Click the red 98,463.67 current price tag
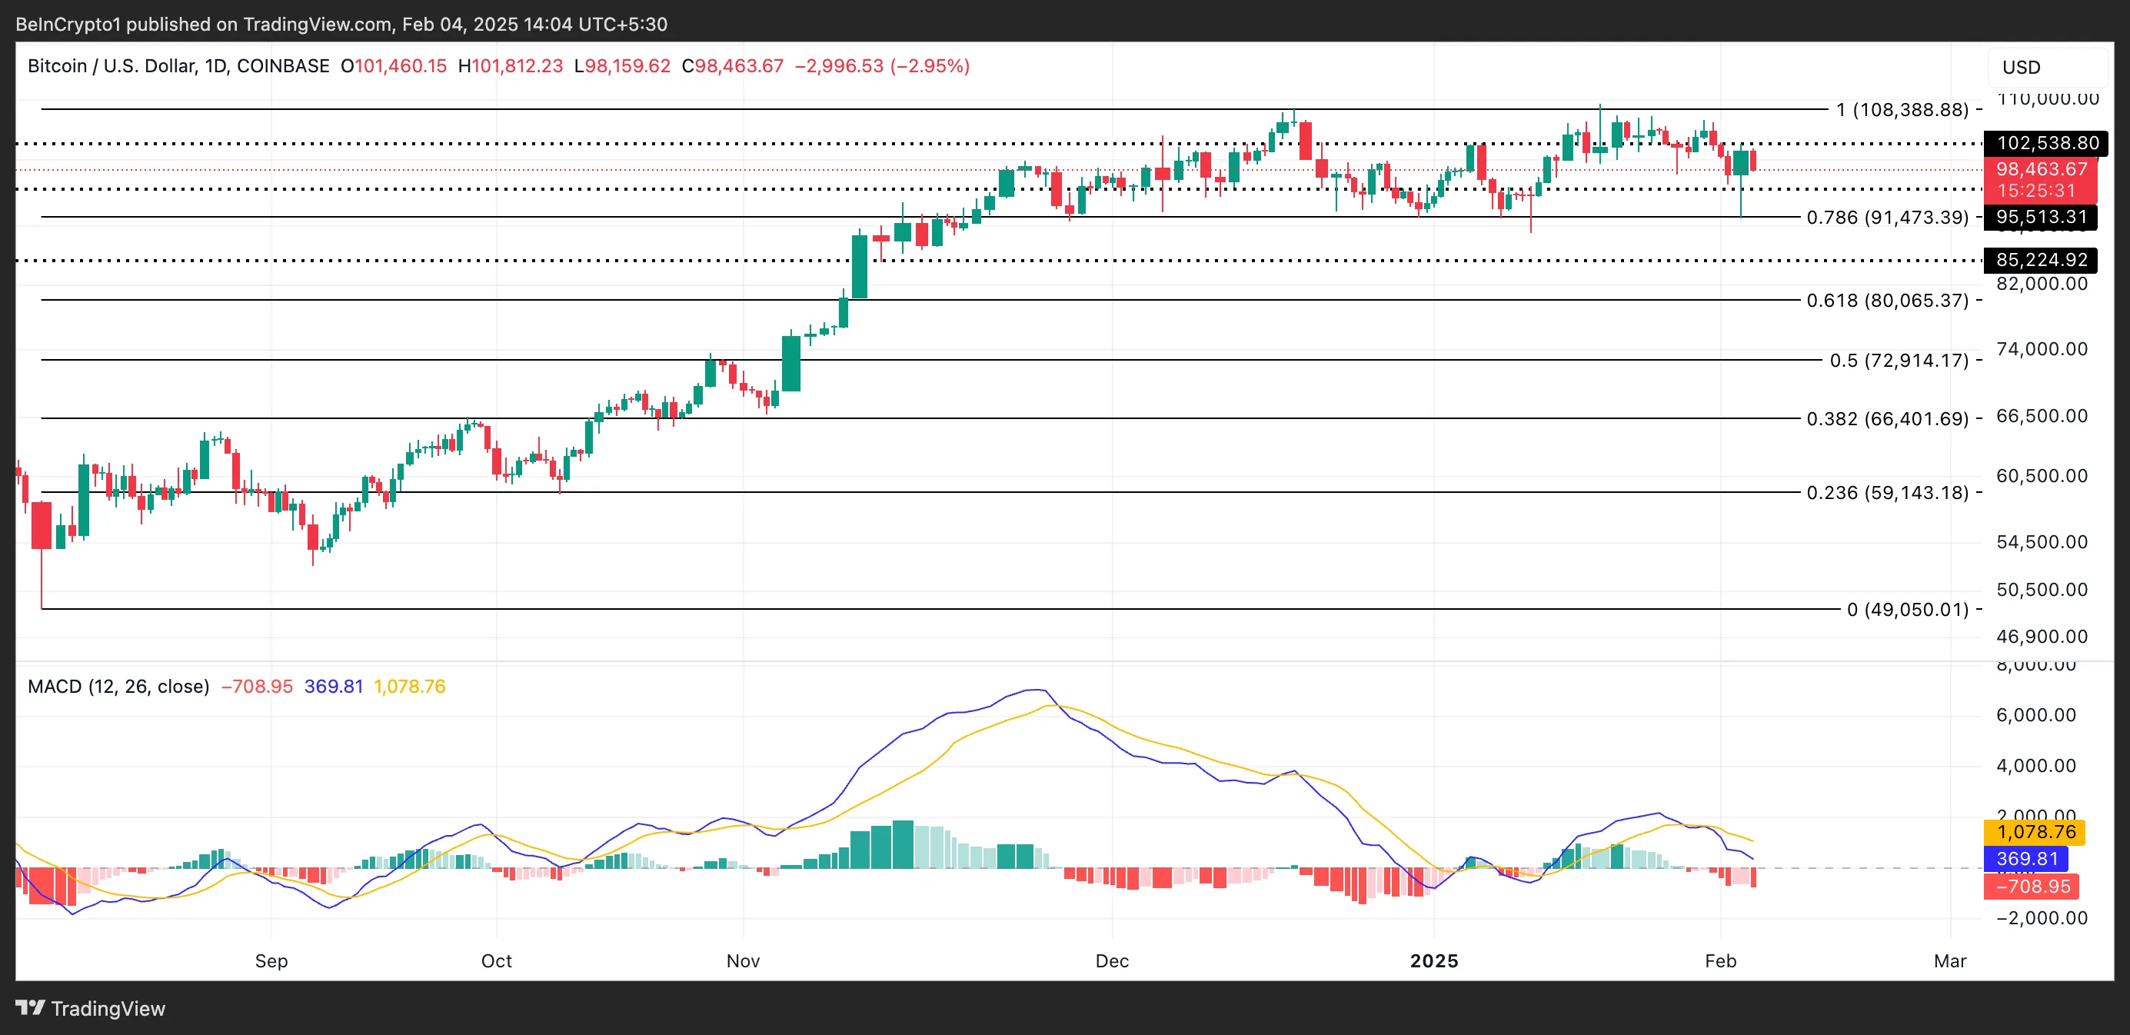2041,169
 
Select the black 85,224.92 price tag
2041,260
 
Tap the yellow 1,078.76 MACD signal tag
2035,832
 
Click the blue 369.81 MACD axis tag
2026,858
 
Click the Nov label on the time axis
743,960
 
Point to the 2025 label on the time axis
1434,960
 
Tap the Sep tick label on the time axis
271,960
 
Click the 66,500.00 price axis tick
2042,416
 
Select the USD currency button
2021,67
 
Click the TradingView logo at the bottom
91,1009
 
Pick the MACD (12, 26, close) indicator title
118,686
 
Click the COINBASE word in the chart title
283,66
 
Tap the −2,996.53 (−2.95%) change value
881,66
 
